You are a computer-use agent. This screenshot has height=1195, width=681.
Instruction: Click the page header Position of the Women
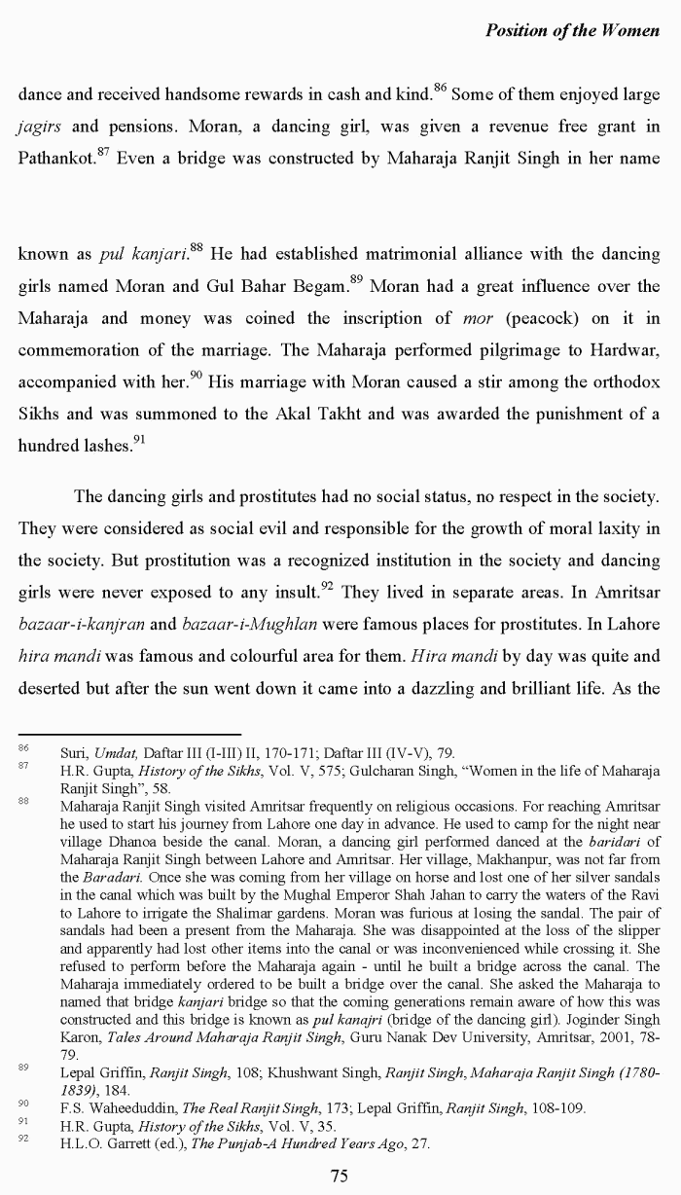point(572,30)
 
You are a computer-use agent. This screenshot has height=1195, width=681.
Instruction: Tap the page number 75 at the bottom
point(340,1176)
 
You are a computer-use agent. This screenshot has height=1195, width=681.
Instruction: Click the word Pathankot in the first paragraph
point(53,159)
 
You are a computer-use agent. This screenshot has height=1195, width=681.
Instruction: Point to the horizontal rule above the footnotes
point(129,734)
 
